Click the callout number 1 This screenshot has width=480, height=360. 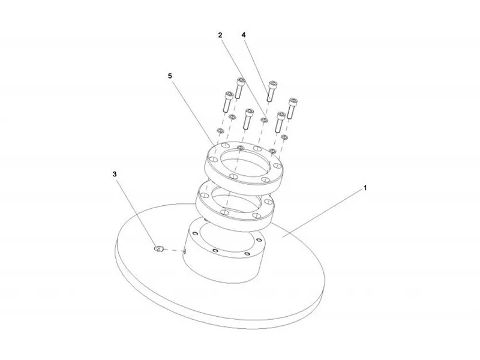coord(365,188)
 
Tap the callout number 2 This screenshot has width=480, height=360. coord(220,35)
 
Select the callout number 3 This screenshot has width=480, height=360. coord(115,174)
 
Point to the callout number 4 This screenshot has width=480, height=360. coord(244,35)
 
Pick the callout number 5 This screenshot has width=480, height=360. coord(170,76)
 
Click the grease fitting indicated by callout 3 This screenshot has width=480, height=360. coord(159,248)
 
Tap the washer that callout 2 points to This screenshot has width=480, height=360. coord(264,119)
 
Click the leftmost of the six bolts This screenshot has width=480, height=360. coord(228,101)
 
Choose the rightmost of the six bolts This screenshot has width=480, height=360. coord(292,108)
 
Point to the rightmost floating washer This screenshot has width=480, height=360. coord(284,137)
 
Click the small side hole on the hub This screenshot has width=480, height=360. coord(185,251)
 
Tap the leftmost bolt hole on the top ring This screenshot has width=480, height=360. coord(211,160)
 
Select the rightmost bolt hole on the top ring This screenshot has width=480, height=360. coord(277,166)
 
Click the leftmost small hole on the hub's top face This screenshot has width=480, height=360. coord(194,233)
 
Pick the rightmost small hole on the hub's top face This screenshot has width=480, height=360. coord(260,239)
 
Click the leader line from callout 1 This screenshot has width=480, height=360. coord(323,213)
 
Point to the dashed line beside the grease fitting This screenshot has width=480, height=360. coord(174,250)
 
